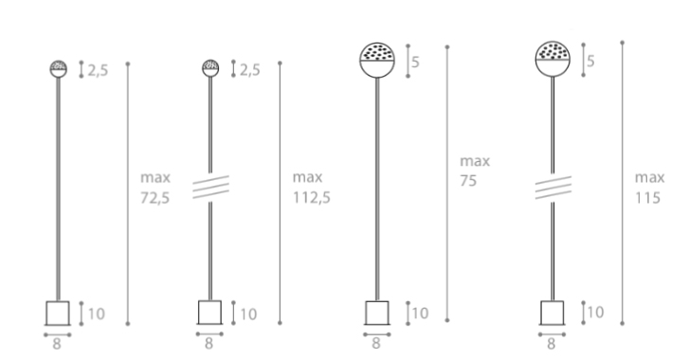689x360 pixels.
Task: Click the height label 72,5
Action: [x=155, y=198]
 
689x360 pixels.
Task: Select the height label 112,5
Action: [x=312, y=198]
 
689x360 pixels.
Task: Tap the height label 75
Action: [x=468, y=180]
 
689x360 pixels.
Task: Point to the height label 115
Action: [x=647, y=198]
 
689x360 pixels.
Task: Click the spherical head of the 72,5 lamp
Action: [x=59, y=69]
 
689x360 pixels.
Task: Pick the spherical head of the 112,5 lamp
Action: [x=210, y=68]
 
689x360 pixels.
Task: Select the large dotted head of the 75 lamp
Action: [x=377, y=60]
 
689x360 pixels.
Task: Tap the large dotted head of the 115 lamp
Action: [x=553, y=59]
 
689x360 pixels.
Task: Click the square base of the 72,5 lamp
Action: [x=58, y=313]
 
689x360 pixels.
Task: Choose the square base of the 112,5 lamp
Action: [x=209, y=313]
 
